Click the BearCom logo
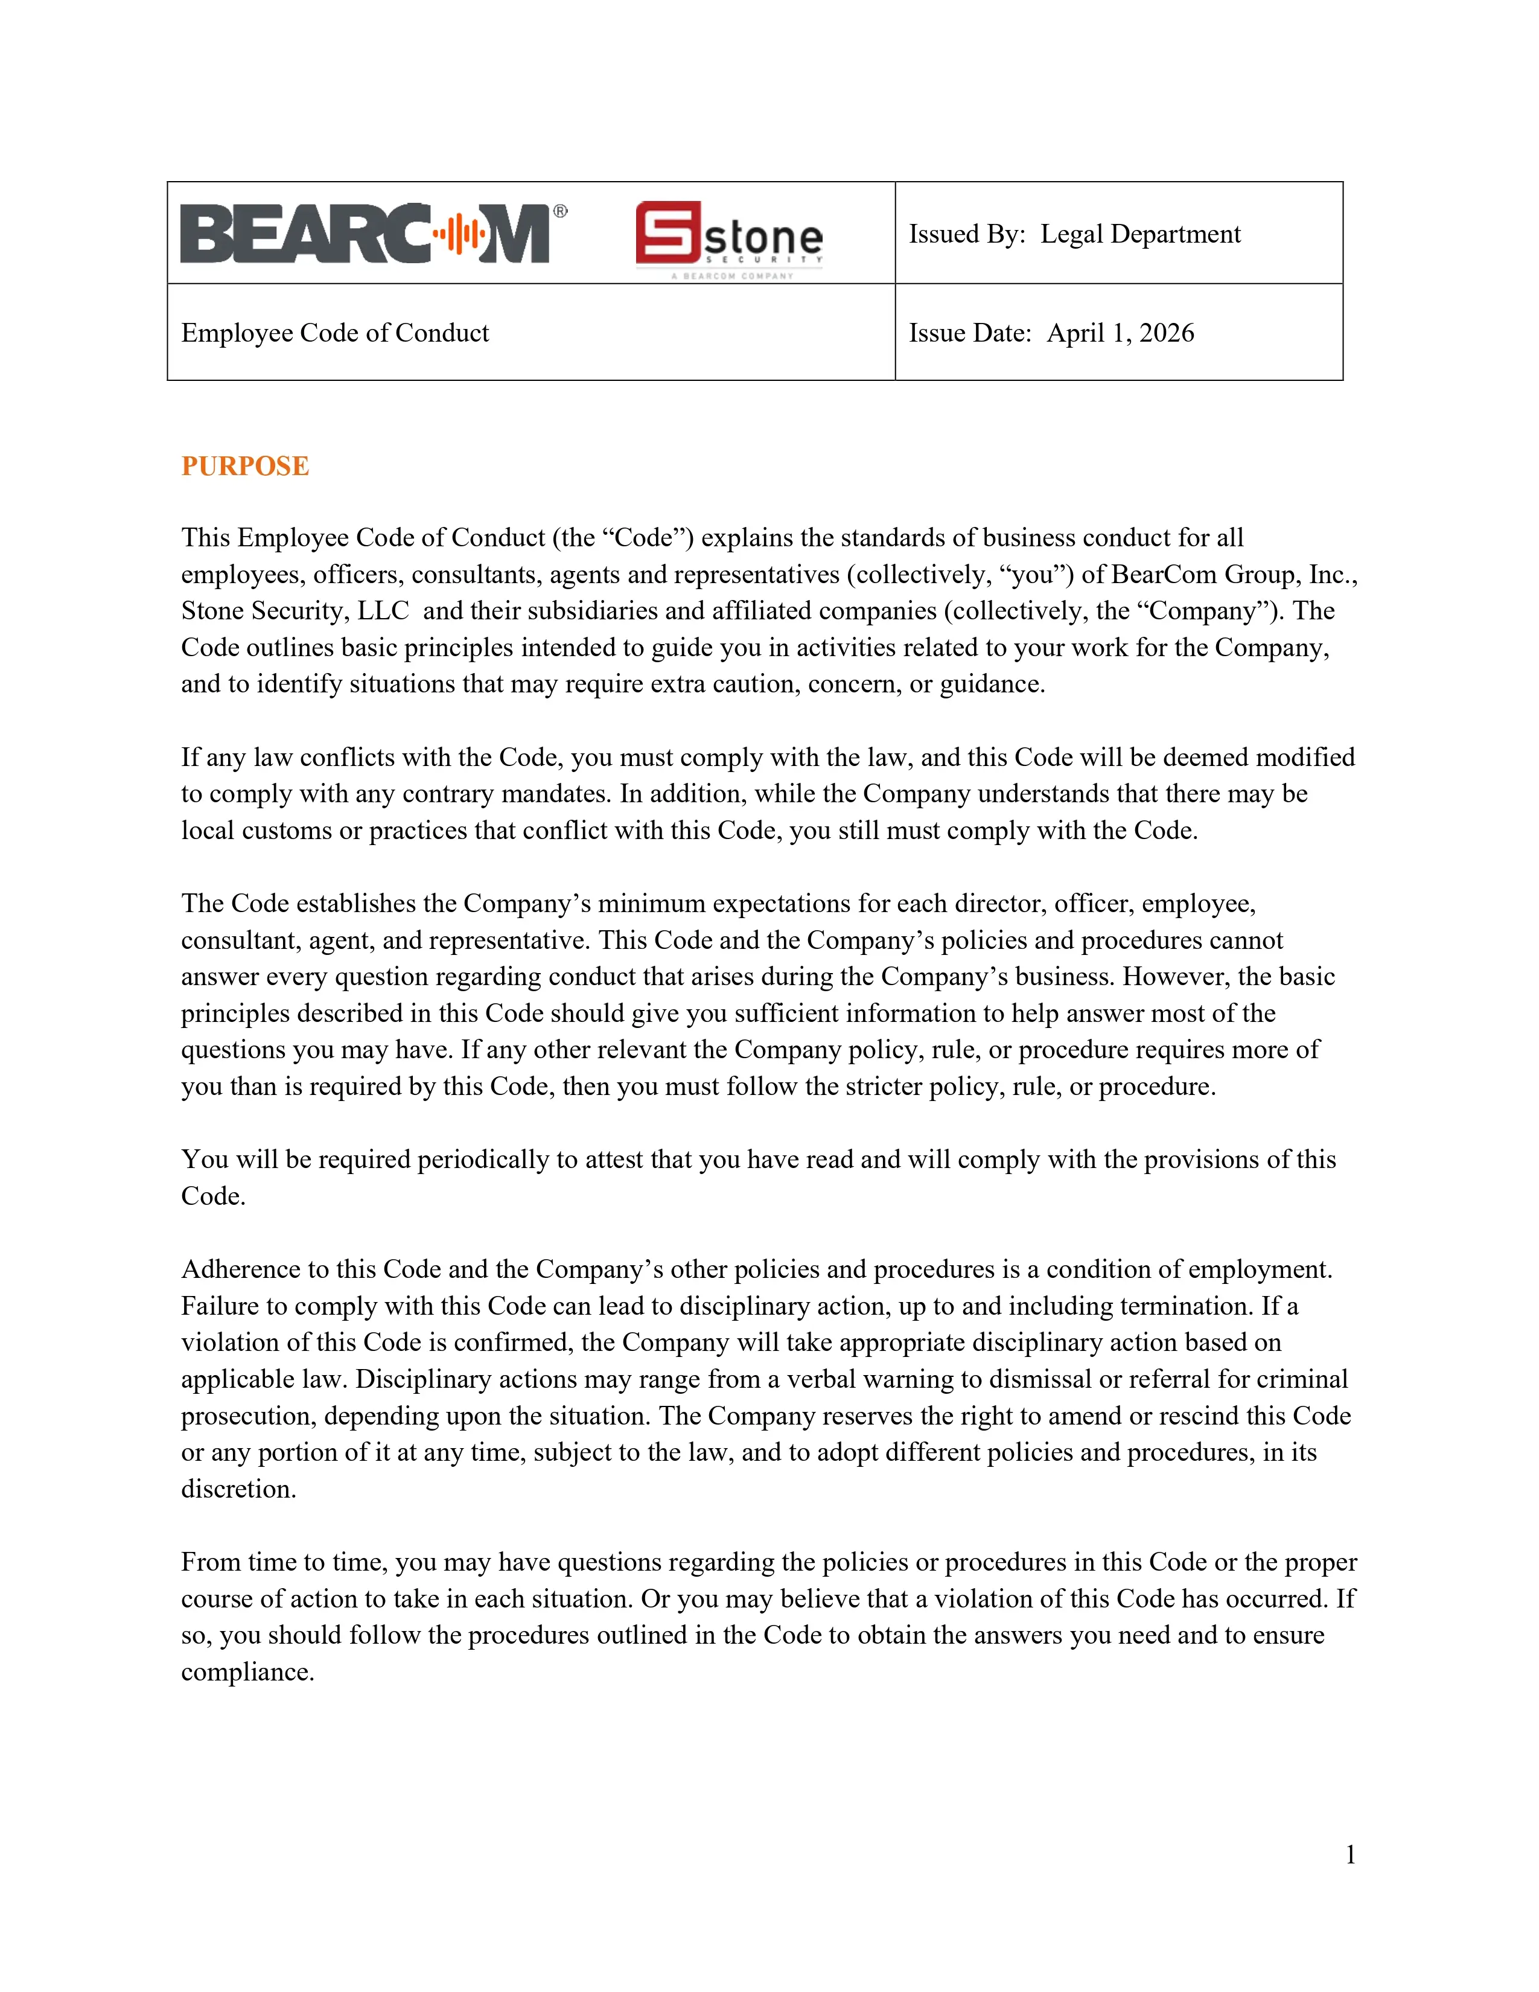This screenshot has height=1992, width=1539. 365,234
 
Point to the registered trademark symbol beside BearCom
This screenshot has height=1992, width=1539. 560,212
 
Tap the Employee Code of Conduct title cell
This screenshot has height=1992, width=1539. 334,333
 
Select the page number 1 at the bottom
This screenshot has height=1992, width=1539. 1350,1854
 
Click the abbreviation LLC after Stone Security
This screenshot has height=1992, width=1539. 383,611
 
